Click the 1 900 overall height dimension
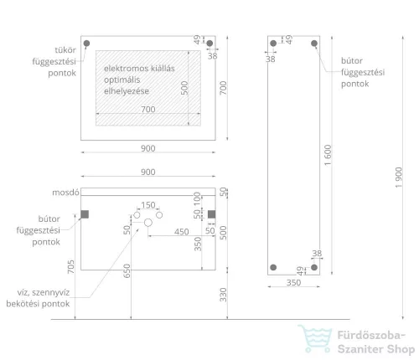[x=399, y=177]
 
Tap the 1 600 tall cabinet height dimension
[x=328, y=155]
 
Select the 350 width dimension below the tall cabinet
[x=293, y=283]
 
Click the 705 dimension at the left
[x=71, y=266]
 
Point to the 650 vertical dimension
[x=127, y=271]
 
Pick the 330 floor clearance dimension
[x=223, y=295]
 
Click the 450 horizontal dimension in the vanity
[x=182, y=232]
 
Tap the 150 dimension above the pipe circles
[x=148, y=205]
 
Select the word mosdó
[x=65, y=193]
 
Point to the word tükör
[x=65, y=50]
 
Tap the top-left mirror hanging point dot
[x=86, y=44]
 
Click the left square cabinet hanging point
[x=85, y=214]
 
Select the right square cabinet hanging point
[x=212, y=214]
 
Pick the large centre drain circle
[x=148, y=223]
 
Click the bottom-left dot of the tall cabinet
[x=273, y=267]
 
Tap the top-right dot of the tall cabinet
[x=314, y=44]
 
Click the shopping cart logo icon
[x=315, y=338]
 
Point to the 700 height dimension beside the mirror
[x=223, y=88]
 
